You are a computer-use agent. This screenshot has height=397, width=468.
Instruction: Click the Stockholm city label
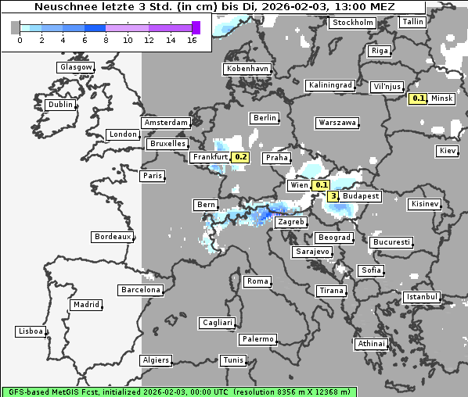point(351,23)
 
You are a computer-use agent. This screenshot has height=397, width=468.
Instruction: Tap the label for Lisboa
point(31,331)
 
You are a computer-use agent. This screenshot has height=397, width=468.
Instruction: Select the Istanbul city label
point(422,297)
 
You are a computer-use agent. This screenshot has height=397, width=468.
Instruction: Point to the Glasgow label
point(76,67)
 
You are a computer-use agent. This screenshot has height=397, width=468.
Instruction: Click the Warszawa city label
point(337,123)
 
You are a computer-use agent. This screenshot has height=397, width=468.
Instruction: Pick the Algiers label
point(155,360)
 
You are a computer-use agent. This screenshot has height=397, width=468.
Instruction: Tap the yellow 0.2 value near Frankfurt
point(241,157)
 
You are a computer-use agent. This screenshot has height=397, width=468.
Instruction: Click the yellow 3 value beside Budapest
point(333,196)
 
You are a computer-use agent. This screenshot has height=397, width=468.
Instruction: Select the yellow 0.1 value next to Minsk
point(419,98)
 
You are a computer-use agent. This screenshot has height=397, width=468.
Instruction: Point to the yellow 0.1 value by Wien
point(321,185)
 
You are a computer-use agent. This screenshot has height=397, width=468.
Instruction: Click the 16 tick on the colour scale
point(192,40)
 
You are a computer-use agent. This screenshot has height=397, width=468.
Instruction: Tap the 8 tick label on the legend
point(106,40)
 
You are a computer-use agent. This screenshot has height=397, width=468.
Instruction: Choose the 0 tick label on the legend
point(20,40)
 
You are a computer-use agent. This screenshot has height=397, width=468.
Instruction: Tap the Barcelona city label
point(140,290)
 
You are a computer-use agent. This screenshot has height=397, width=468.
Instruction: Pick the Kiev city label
point(448,150)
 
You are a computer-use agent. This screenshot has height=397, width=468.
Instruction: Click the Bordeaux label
point(112,236)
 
